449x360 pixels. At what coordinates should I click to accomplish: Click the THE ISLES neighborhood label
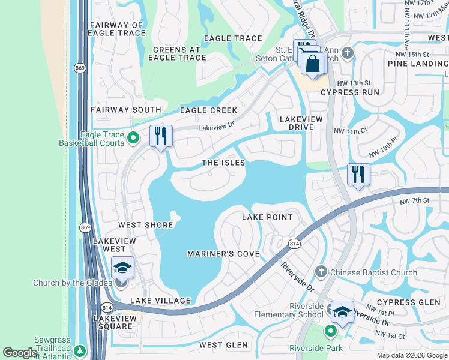point(223,163)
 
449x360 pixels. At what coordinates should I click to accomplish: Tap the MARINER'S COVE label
point(223,254)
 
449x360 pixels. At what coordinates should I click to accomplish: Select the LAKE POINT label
point(267,217)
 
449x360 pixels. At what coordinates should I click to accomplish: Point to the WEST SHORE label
point(146,225)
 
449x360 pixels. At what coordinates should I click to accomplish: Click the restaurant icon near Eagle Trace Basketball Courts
point(161,137)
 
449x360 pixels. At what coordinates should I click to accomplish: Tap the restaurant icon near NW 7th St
point(358,175)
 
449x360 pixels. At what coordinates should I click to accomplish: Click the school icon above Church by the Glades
point(122,268)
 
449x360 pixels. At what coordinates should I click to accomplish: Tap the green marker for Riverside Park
point(330,331)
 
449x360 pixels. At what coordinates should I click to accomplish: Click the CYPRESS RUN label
point(350,92)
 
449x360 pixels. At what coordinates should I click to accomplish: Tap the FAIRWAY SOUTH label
point(126,110)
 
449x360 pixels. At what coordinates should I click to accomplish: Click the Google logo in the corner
point(20,353)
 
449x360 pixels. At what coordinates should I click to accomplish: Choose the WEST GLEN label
point(223,345)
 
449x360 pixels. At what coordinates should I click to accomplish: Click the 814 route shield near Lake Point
point(294,244)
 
